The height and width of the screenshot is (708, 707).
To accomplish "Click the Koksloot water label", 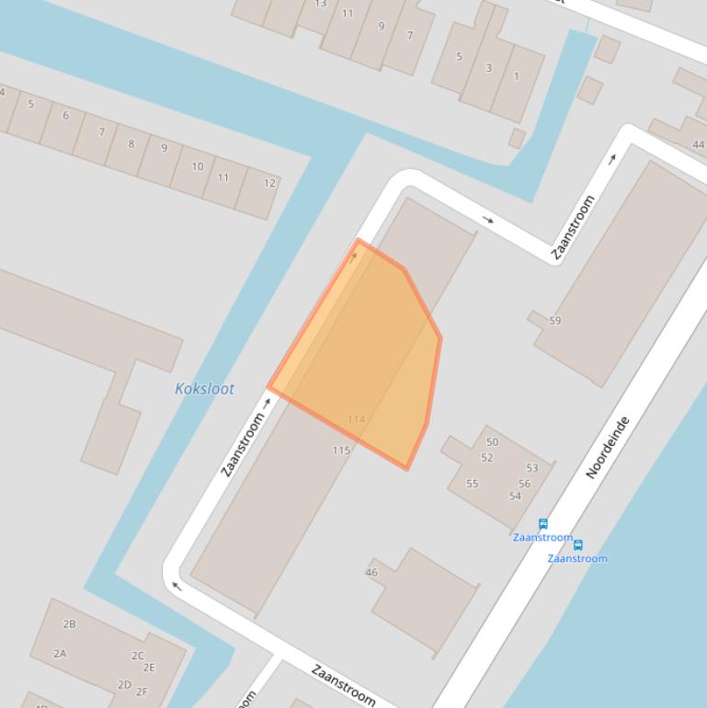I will coord(204,389).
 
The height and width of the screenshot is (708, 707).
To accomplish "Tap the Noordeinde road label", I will coord(609,447).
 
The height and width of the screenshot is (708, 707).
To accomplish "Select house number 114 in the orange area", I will coord(356,419).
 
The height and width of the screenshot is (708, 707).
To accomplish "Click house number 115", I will coord(341,451).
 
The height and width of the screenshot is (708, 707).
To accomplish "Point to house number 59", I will coord(554,321).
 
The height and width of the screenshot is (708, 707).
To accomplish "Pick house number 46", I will coord(371,572).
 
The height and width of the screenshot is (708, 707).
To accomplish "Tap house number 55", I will coord(472,484).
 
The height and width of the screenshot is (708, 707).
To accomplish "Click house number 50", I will coord(492,442).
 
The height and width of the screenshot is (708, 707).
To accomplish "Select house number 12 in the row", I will coord(269,183).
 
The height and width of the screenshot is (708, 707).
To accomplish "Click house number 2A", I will coord(60,654).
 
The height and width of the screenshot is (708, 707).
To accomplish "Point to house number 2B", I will coord(69,624).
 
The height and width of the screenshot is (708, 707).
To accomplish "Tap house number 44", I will coord(699,144).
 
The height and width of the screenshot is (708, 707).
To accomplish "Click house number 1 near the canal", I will coord(516,76).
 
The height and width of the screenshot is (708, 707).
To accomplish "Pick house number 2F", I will coord(142,692).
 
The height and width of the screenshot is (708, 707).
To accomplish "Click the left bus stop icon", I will coord(543,524).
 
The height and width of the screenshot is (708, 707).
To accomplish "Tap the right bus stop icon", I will coord(577,545).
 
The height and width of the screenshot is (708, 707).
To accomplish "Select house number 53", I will coord(532,468).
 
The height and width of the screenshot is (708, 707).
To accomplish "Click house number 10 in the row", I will coord(198,166).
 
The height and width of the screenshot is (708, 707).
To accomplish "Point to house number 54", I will coord(515,497).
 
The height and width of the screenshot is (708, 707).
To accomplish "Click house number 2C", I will coord(137,656).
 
